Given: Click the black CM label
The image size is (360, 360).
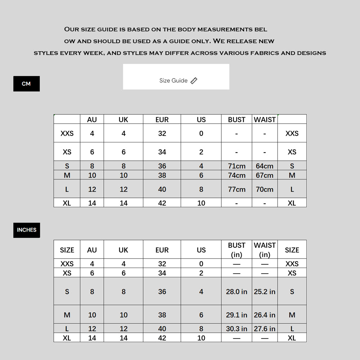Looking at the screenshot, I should pos(26,84).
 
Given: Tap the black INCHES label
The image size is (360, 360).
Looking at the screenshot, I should pos(27,230).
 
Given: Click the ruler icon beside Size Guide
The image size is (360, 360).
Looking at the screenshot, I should pos(194,81).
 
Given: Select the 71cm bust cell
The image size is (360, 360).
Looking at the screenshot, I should pos(237,166).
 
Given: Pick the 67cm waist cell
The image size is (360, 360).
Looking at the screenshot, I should pos(265,175).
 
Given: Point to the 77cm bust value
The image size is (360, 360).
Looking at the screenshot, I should pos(237,189).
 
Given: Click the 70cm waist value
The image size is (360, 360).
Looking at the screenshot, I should pos(265,189).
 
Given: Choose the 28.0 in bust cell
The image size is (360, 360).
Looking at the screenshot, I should pos(237,291).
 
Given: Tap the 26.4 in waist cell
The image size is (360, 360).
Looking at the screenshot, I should pos(265,315).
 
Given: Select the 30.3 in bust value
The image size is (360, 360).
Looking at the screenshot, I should pos(237,329).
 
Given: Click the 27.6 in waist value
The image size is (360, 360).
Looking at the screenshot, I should pos(265,329).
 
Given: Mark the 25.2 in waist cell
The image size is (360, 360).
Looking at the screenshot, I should pos(265,291).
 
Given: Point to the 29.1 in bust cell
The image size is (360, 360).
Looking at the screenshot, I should pos(237,315).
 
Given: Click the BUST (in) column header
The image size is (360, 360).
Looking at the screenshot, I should pos(237,250).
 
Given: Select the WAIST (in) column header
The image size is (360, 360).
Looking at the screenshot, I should pos(265,250).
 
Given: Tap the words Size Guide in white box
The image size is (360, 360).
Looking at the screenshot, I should pos(173,81).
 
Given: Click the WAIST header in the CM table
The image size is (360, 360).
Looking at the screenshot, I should pos(265,119).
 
